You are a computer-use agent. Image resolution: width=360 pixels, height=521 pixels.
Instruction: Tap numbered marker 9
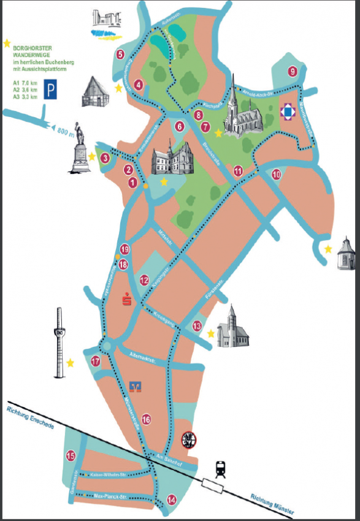[293, 72]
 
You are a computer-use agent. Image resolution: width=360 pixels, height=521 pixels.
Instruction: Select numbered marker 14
[171, 500]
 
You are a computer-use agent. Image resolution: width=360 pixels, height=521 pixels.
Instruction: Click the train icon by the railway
[220, 470]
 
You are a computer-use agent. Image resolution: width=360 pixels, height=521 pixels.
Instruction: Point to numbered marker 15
[71, 455]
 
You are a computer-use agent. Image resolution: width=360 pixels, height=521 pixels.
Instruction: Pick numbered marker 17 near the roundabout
[96, 361]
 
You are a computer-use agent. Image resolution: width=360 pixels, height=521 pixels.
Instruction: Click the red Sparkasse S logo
[128, 300]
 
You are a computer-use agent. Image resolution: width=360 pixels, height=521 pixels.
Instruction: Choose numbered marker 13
[197, 325]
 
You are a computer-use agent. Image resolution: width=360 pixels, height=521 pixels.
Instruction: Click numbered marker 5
[120, 55]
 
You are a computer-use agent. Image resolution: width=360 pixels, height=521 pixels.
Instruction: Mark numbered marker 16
[146, 419]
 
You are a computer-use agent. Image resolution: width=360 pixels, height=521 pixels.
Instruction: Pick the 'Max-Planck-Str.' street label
[110, 495]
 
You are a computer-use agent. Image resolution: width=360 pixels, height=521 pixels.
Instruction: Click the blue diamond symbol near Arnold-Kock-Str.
[288, 112]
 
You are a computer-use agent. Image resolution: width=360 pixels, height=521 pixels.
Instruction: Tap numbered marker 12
[144, 281]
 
